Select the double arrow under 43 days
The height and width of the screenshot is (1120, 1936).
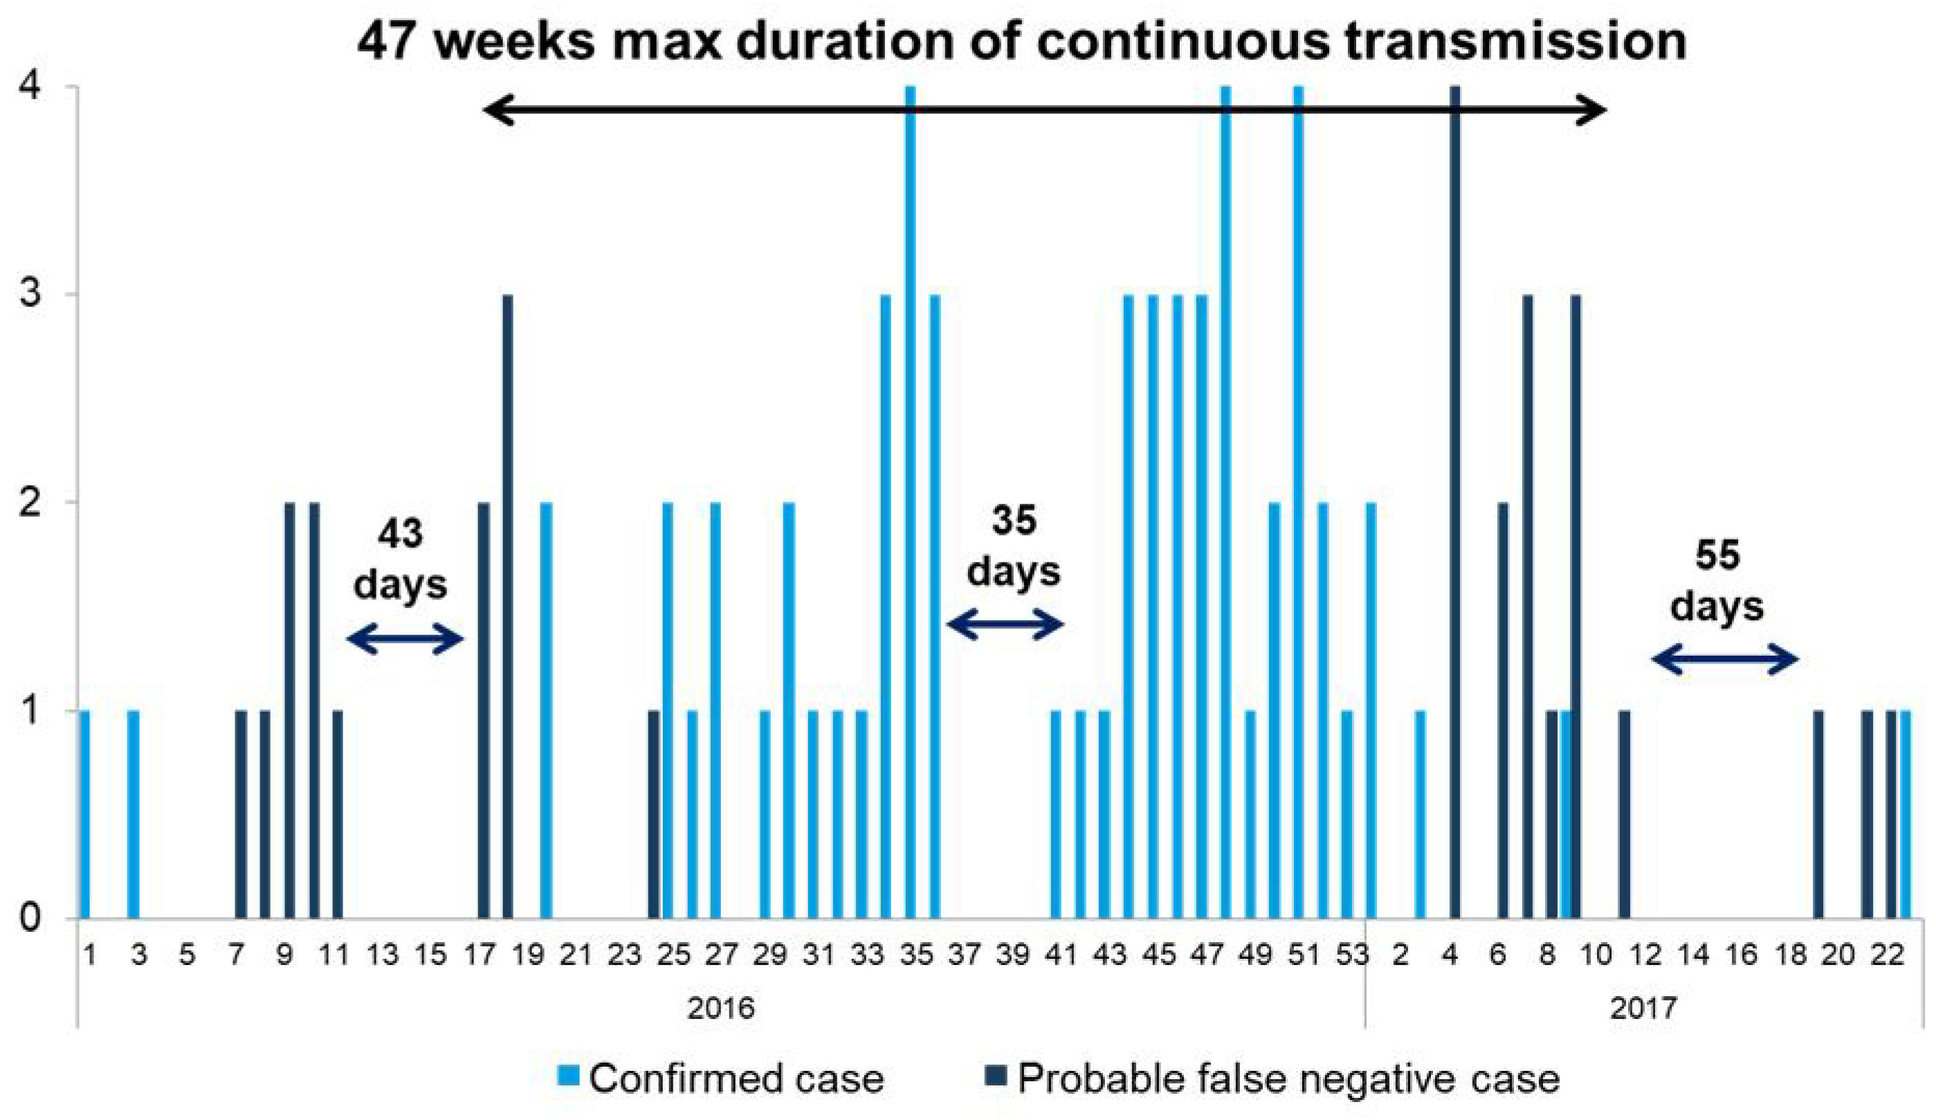pos(405,639)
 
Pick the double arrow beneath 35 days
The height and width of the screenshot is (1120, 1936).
pos(1005,624)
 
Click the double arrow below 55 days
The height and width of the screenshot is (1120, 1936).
pos(1725,659)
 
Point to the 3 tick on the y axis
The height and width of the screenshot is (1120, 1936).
pos(30,295)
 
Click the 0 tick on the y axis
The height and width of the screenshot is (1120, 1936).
pos(30,918)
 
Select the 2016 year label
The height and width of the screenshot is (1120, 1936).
pos(720,1007)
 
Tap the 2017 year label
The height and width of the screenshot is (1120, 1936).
pos(1643,1007)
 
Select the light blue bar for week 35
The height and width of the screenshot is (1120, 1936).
pos(911,499)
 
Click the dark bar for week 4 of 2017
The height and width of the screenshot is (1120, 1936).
pos(1454,499)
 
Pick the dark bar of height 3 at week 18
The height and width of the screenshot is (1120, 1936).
pos(507,607)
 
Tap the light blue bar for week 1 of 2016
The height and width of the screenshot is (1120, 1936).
pos(84,814)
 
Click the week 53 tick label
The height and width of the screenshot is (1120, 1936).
pos(1352,955)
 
